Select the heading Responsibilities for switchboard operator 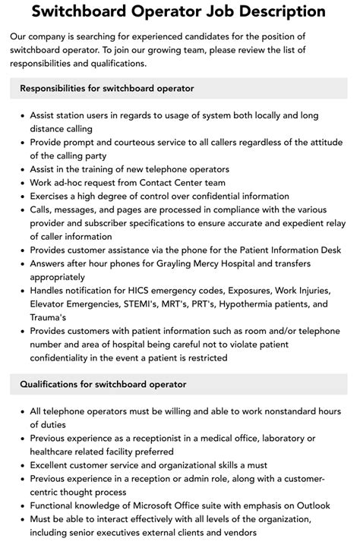tap(107, 89)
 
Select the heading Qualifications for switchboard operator tap(103, 384)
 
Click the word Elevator tap(51, 304)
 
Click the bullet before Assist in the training tap(21, 169)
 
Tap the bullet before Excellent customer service tap(21, 465)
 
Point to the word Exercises tap(52, 196)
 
